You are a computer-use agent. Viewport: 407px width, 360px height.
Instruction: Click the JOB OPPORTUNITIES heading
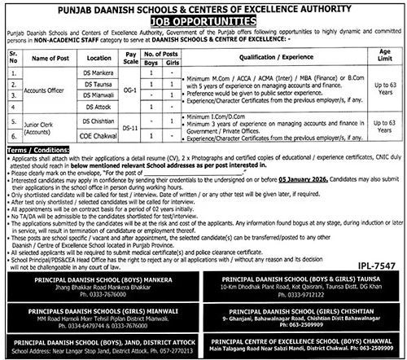pyautogui.click(x=203, y=16)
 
